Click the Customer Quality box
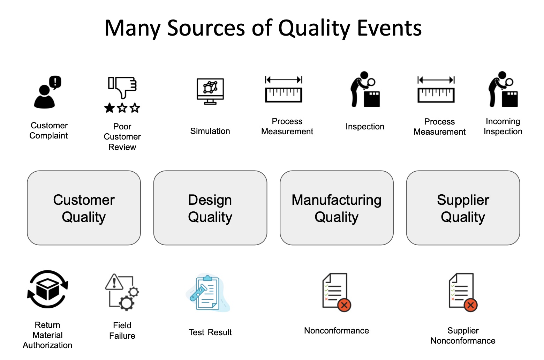click(84, 208)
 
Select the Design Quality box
click(210, 208)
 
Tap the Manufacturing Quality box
click(337, 208)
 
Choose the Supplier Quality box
click(463, 208)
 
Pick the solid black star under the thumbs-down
click(109, 108)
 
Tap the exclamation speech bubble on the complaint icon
click(55, 82)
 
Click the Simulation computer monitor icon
click(210, 91)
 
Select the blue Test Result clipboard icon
click(208, 293)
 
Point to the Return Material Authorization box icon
click(47, 289)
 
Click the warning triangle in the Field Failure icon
click(114, 282)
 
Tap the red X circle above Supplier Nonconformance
click(470, 305)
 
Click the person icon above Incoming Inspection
click(503, 89)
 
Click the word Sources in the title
click(206, 28)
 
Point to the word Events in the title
click(389, 28)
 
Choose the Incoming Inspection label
click(503, 126)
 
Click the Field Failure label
click(122, 330)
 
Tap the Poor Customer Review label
click(122, 137)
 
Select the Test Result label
click(210, 332)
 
